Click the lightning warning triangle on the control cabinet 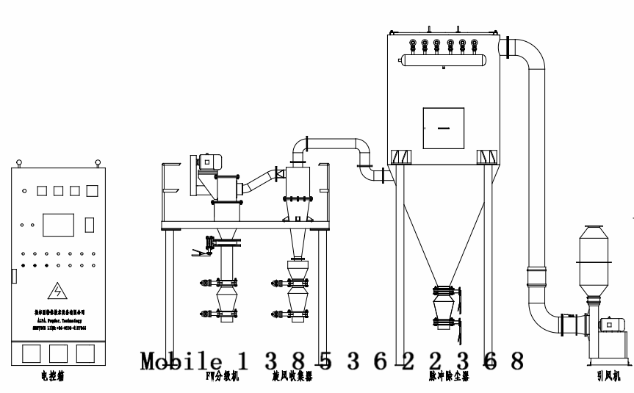(x=56, y=291)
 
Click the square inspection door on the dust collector (x=442, y=129)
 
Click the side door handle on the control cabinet (x=13, y=276)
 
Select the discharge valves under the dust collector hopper (x=445, y=309)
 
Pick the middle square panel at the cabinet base (x=56, y=353)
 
